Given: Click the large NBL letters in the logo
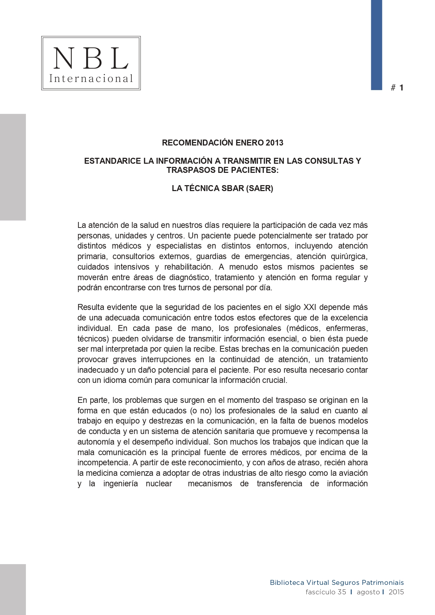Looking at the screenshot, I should point(91,58).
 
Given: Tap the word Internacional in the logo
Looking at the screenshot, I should point(91,79).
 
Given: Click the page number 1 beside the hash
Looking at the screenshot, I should point(401,88).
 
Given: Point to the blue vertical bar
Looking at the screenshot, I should point(376,45).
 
